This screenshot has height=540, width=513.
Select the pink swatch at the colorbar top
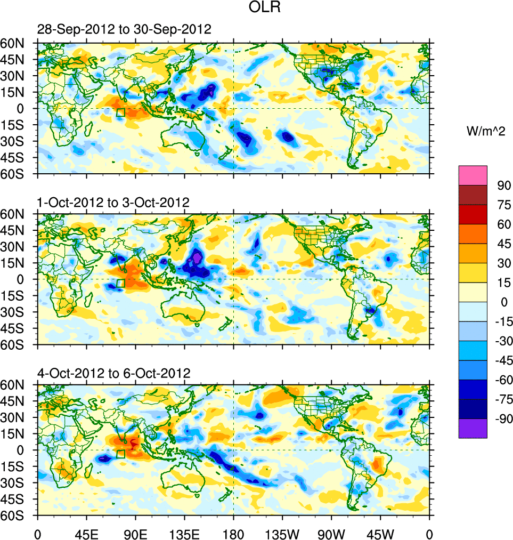point(473,175)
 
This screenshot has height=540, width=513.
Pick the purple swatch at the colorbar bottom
point(473,428)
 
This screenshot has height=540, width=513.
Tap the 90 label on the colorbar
point(504,186)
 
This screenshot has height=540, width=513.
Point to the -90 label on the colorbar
point(502,419)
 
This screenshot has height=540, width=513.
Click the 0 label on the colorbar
point(500,302)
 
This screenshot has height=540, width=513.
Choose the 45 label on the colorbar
point(504,244)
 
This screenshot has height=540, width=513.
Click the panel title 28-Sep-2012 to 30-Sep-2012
point(124,30)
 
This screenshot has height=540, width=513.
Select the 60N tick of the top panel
point(14,43)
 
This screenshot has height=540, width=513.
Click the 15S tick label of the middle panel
point(14,295)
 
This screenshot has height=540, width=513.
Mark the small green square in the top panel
point(120,112)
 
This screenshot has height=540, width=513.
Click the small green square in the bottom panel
point(120,454)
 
